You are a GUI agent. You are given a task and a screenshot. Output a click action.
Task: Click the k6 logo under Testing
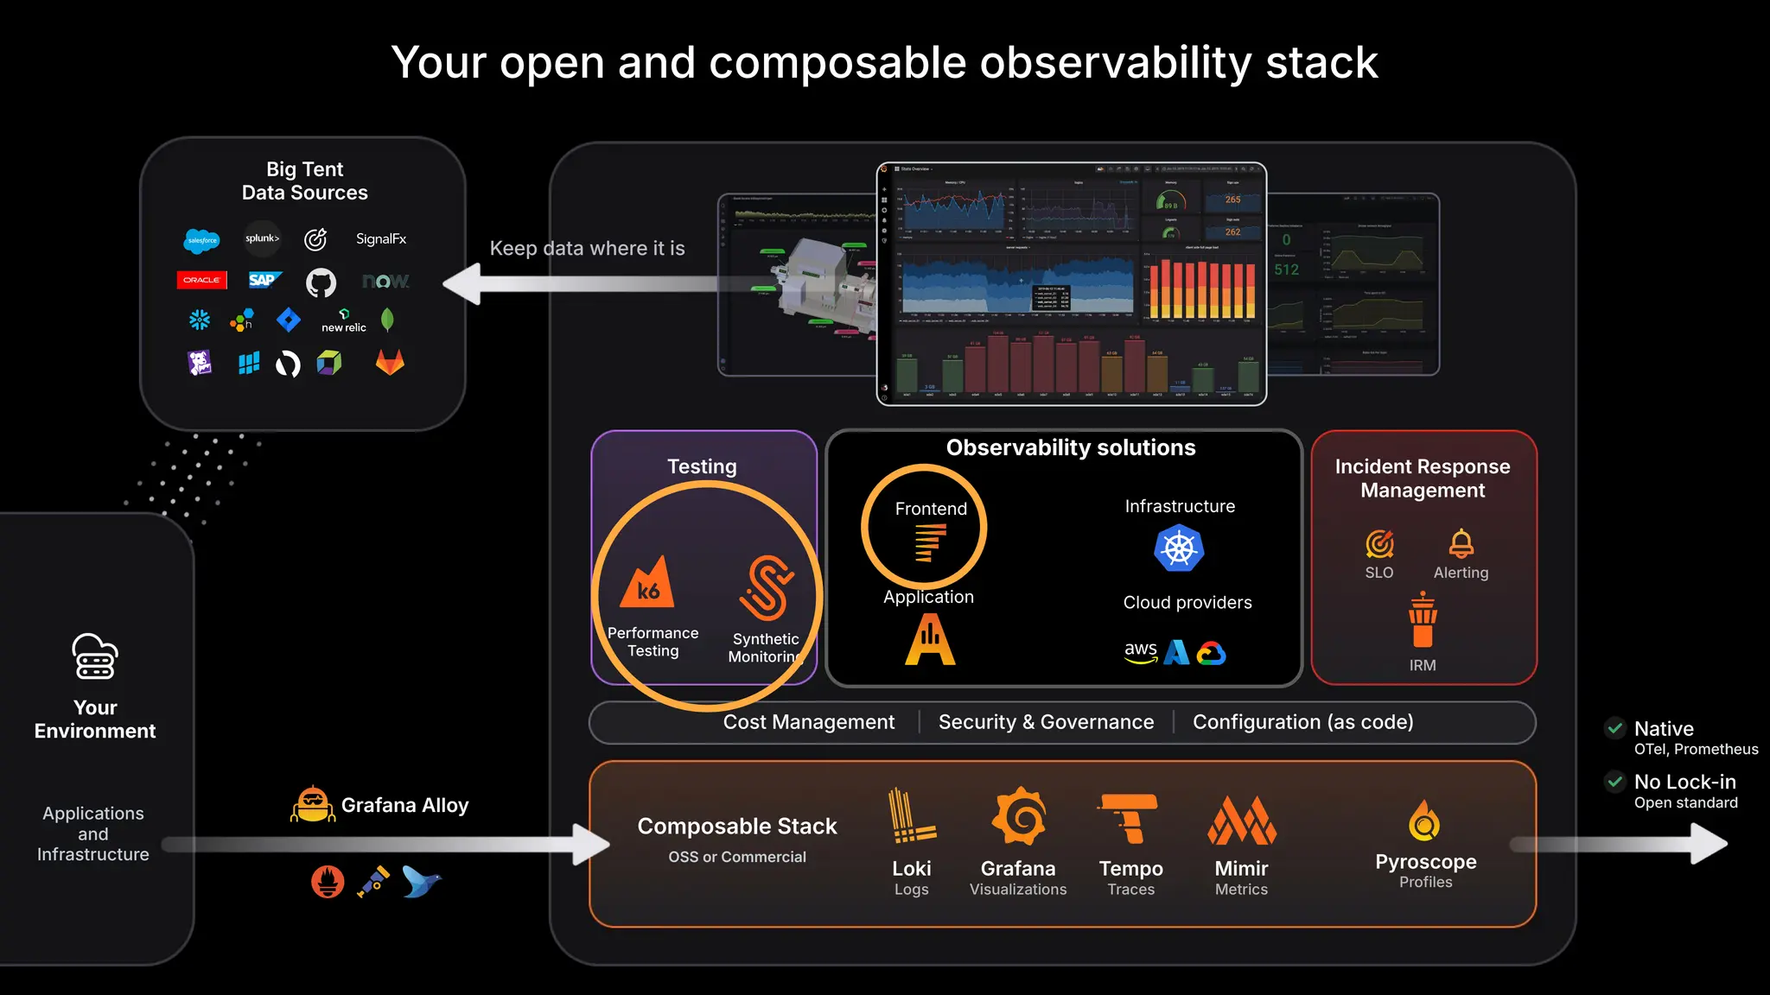[x=647, y=584]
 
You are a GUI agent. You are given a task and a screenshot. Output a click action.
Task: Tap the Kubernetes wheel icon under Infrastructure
[x=1179, y=548]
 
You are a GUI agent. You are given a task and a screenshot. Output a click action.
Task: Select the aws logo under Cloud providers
[x=1141, y=652]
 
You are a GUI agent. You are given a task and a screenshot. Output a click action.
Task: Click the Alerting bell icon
[x=1461, y=543]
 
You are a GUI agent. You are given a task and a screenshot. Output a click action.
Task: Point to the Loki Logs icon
[x=910, y=816]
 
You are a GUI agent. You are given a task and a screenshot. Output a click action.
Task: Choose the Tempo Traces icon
[x=1130, y=818]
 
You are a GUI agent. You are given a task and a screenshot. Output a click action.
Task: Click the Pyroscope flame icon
[x=1424, y=821]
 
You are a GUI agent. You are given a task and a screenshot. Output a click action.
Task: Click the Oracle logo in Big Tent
[x=201, y=280]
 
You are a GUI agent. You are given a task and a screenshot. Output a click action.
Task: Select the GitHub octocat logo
[x=321, y=282]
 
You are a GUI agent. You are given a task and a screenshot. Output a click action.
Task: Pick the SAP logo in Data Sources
[x=263, y=280]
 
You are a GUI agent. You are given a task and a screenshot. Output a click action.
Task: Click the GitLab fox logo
[x=390, y=362]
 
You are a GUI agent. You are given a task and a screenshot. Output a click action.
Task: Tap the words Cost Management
[x=808, y=722]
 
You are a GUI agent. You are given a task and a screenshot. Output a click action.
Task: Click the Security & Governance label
[x=1046, y=722]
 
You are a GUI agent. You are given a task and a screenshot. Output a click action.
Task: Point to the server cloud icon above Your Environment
[x=95, y=657]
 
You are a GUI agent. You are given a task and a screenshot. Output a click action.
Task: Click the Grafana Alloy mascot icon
[x=312, y=804]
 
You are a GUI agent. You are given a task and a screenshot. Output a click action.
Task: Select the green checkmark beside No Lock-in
[x=1614, y=782]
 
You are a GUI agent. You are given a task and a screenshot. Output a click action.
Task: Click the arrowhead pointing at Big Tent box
[x=462, y=284]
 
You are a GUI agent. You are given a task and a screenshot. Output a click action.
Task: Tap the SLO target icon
[x=1379, y=544]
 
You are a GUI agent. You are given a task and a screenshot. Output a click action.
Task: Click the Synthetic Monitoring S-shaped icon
[x=766, y=588]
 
